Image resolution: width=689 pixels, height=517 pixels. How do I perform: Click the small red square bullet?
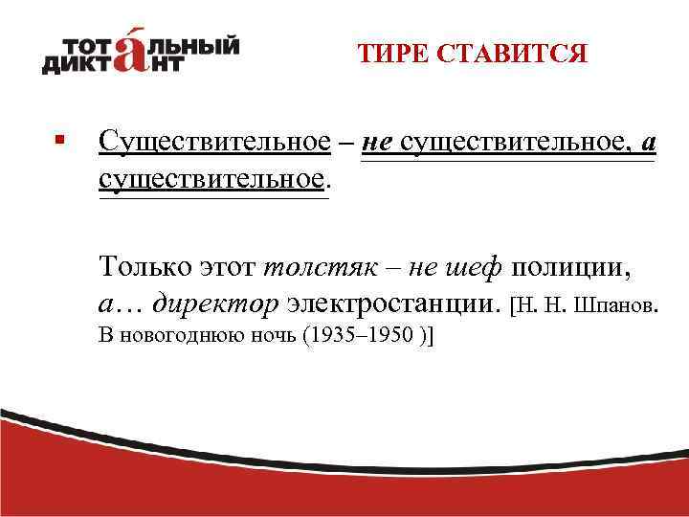60,141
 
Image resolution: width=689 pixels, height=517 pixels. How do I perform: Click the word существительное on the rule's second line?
211,179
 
